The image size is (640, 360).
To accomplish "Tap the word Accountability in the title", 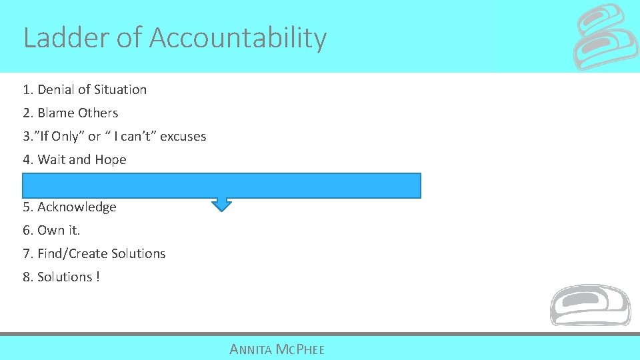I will (x=238, y=38).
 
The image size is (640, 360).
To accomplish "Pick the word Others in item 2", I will (x=98, y=113).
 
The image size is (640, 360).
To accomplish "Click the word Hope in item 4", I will (x=110, y=159).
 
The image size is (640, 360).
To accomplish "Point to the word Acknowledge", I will (x=77, y=207).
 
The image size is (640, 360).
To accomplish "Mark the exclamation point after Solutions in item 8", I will (x=97, y=277).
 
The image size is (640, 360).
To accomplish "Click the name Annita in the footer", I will (x=249, y=349).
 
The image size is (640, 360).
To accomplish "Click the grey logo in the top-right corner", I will (x=606, y=37).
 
